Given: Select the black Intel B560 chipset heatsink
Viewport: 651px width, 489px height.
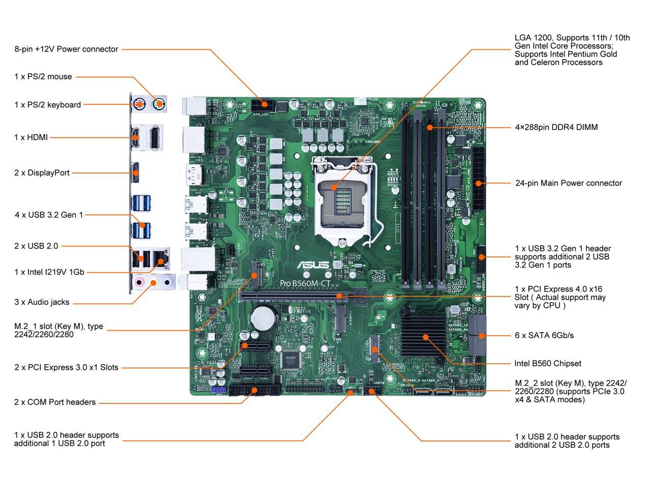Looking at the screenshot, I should (x=425, y=332).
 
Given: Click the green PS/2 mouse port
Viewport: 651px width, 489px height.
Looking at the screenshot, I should (x=159, y=105).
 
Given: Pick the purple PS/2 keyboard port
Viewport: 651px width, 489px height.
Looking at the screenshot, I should (x=139, y=105).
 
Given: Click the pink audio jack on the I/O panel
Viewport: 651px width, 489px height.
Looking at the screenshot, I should (x=139, y=282).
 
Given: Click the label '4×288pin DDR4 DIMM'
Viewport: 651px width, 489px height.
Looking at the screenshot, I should (x=556, y=127).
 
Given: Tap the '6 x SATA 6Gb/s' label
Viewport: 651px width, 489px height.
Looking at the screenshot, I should (x=544, y=336).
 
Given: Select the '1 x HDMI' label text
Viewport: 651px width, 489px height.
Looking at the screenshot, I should (x=31, y=138).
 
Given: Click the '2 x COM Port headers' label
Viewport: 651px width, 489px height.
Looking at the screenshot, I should (x=55, y=402).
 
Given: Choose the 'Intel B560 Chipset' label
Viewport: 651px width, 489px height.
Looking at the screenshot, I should (x=548, y=364).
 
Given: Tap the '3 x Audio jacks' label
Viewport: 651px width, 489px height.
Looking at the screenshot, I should (x=42, y=303).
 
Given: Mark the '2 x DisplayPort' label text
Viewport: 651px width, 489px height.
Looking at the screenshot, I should (x=42, y=173).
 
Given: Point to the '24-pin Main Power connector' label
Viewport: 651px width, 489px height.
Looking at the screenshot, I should (x=568, y=183).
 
